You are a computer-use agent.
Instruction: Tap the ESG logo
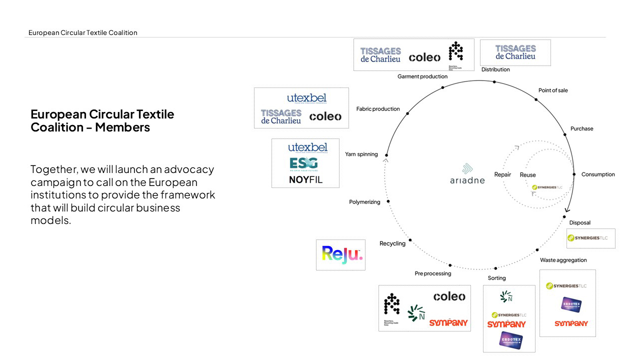[303, 164]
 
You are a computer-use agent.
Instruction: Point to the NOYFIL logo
[305, 179]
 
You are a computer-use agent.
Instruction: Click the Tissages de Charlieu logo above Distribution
[515, 52]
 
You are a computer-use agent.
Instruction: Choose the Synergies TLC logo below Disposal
[587, 238]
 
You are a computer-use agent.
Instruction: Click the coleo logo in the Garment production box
[424, 57]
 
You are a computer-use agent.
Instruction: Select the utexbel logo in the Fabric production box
[306, 98]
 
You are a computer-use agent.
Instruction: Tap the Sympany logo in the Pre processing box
[448, 322]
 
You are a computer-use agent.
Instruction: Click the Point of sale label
[552, 90]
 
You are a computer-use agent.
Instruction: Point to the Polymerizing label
[364, 202]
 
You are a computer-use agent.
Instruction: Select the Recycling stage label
[392, 243]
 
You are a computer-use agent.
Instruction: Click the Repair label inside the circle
[502, 174]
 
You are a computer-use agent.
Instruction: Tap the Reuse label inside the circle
[527, 175]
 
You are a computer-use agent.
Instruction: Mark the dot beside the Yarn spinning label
[386, 155]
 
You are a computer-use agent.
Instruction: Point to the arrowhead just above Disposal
[567, 210]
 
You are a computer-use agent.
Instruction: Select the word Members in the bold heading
[122, 127]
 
